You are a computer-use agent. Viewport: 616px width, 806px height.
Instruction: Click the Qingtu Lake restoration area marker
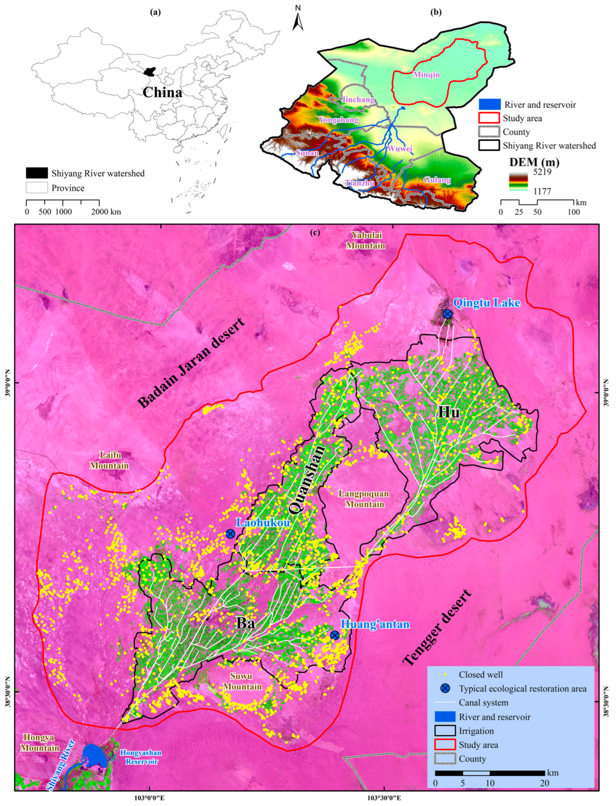[x=447, y=314]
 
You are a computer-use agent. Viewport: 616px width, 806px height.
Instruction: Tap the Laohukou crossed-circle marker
[x=230, y=534]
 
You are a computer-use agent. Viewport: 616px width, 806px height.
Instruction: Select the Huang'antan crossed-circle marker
[x=334, y=635]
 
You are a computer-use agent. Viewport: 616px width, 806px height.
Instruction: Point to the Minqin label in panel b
[x=426, y=75]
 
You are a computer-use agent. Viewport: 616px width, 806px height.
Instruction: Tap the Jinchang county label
[x=358, y=99]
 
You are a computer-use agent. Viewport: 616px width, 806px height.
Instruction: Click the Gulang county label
[x=437, y=180]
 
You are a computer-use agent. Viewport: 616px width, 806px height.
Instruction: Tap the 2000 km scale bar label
[x=106, y=212]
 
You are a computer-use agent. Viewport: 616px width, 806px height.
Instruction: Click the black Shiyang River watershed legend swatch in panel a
[x=37, y=173]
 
